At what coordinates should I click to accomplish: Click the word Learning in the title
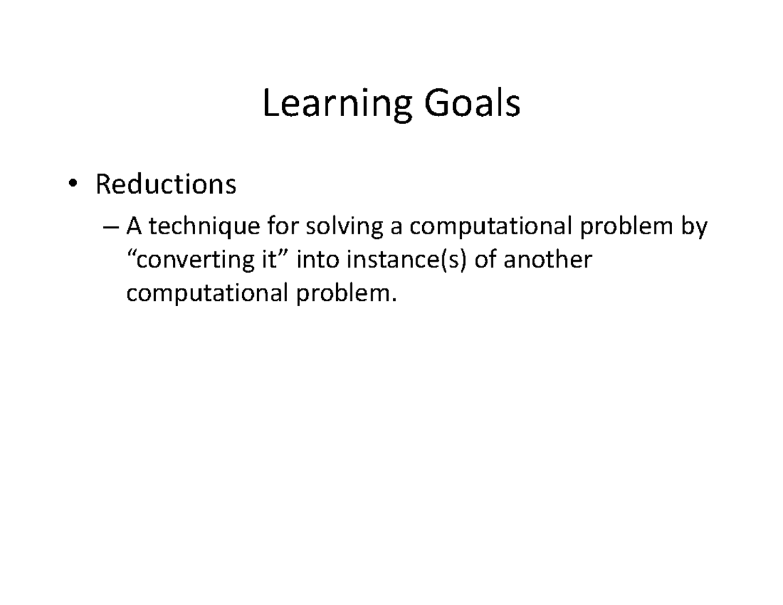337,104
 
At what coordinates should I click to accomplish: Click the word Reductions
166,185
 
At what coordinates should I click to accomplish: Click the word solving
339,227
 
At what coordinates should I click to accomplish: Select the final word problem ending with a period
346,294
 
